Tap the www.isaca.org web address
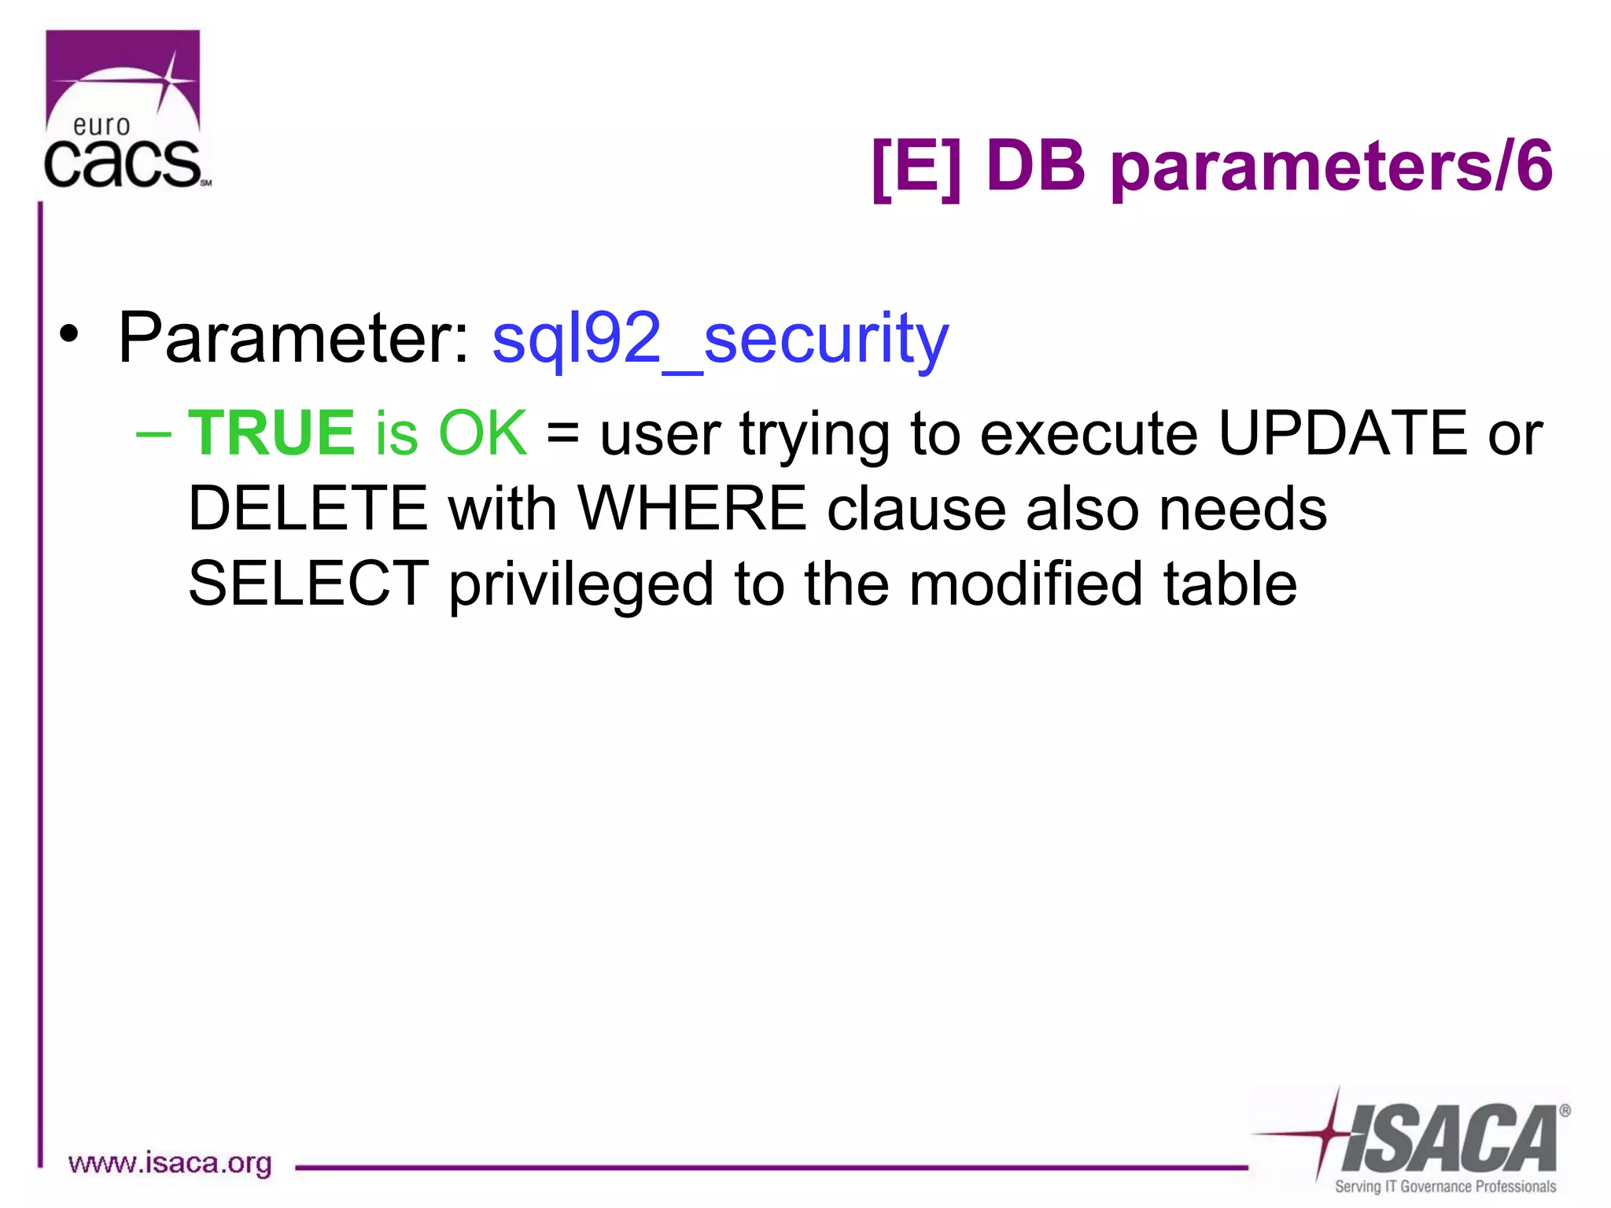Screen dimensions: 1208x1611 (x=170, y=1163)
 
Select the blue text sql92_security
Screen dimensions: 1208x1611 (x=720, y=339)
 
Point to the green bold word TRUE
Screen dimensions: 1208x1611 (x=271, y=433)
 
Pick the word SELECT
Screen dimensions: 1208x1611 (x=308, y=584)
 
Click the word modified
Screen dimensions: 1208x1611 (x=1025, y=584)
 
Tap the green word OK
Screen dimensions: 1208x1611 (x=482, y=433)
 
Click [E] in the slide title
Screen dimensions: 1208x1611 (x=916, y=167)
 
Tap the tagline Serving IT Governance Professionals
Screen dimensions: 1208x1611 (x=1445, y=1187)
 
